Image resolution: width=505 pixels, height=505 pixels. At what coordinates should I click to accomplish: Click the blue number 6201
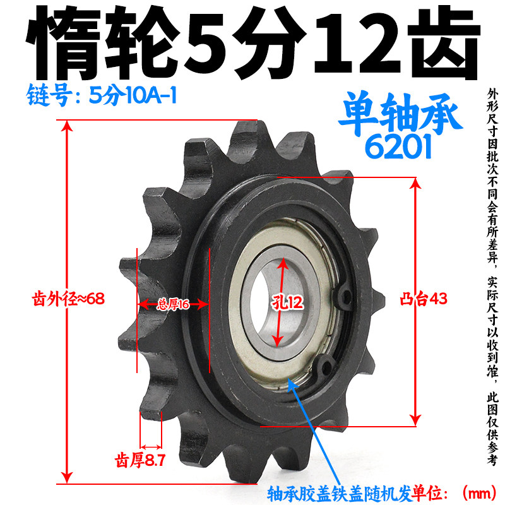(x=398, y=146)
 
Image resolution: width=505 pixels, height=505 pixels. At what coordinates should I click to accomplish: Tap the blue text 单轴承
(x=400, y=114)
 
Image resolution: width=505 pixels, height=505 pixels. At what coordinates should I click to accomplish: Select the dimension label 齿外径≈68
(x=68, y=299)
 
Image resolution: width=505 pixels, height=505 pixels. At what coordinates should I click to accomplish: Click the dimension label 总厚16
(x=173, y=304)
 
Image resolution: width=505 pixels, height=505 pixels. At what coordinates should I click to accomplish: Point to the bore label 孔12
(x=287, y=303)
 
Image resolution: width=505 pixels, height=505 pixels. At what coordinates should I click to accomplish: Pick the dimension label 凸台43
(x=424, y=299)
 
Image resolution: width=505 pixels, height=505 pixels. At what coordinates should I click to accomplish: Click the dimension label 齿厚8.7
(x=140, y=460)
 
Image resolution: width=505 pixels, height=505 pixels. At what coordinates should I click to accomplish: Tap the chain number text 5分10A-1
(x=133, y=95)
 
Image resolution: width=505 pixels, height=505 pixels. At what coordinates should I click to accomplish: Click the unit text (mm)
(x=480, y=493)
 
